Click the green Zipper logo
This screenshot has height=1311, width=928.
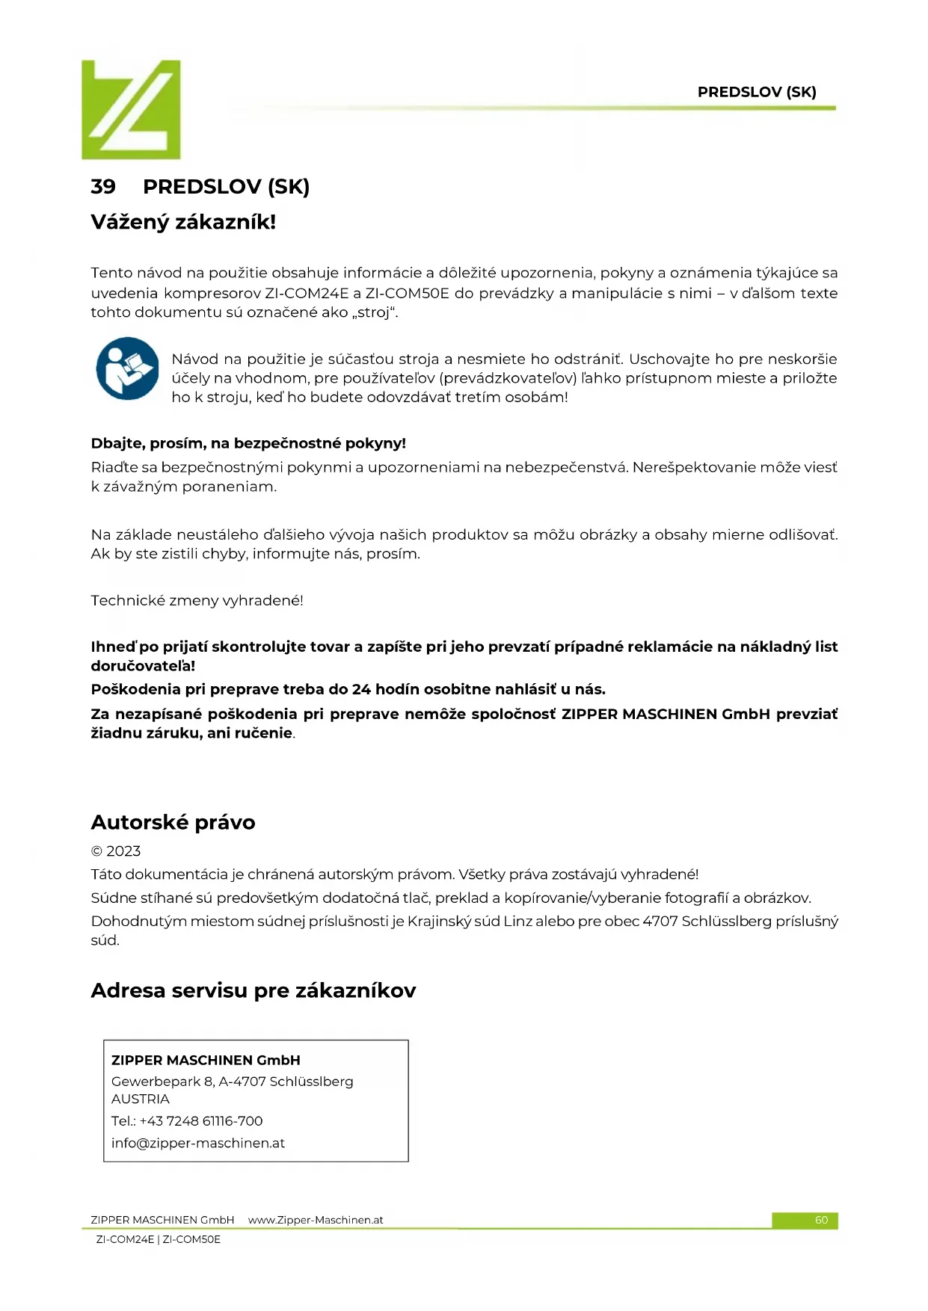[x=131, y=109]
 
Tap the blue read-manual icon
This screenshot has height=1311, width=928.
[x=127, y=368]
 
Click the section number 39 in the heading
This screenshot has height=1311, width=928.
[x=103, y=187]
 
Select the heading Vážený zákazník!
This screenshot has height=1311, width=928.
[x=183, y=222]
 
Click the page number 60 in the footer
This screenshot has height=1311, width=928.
[x=821, y=1220]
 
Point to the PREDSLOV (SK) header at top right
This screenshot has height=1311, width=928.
[x=756, y=92]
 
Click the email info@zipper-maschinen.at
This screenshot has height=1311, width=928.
[x=198, y=1143]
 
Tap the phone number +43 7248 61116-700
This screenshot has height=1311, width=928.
[x=201, y=1120]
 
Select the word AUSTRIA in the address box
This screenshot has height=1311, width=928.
[x=141, y=1099]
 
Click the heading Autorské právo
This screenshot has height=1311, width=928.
[x=173, y=822]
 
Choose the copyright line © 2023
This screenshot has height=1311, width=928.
[x=116, y=851]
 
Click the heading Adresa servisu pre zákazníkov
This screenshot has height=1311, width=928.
[x=253, y=990]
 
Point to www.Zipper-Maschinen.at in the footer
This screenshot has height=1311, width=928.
[x=315, y=1220]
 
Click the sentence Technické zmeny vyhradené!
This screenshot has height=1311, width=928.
[x=197, y=600]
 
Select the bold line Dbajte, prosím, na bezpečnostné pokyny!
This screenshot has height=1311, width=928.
[x=248, y=443]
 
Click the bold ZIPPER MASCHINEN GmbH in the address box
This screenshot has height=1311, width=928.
[x=206, y=1060]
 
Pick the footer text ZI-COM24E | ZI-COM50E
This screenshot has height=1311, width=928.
[x=159, y=1239]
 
